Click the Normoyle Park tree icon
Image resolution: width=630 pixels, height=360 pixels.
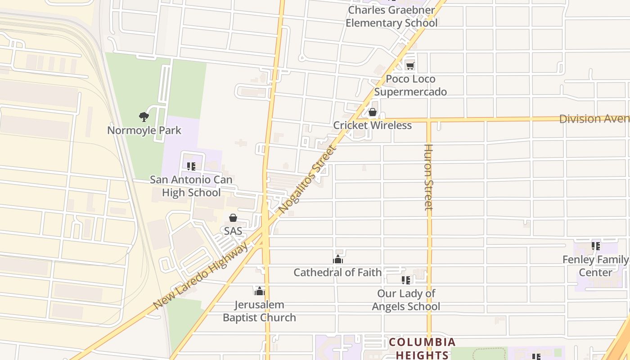(x=144, y=117)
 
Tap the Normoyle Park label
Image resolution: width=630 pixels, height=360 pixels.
(x=144, y=130)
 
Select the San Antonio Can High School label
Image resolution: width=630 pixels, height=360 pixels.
(x=191, y=186)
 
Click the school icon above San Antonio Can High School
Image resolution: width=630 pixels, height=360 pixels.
(x=191, y=166)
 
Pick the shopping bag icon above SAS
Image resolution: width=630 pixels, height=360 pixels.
(x=233, y=218)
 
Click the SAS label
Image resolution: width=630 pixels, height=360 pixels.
(x=233, y=231)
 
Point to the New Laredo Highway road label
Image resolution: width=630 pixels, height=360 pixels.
(x=201, y=276)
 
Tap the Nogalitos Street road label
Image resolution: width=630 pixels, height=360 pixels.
(x=307, y=180)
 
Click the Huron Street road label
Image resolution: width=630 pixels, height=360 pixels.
(x=428, y=177)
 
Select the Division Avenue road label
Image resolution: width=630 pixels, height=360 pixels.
(x=594, y=119)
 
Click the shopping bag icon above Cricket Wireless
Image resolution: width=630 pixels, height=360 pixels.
(x=373, y=112)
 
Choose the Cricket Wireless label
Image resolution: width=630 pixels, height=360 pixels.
(x=373, y=125)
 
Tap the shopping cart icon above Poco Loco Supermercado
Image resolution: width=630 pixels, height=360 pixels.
(x=410, y=66)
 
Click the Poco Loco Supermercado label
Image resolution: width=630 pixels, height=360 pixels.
(x=410, y=85)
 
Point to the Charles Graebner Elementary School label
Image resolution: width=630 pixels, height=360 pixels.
(x=391, y=16)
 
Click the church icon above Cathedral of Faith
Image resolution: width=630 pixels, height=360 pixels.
(x=338, y=259)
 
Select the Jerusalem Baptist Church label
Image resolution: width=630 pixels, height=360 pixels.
(x=260, y=311)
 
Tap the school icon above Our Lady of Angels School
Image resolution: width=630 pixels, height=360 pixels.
(x=406, y=280)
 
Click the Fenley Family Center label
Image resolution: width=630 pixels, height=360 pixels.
(x=595, y=266)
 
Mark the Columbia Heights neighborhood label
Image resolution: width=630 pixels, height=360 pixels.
(x=422, y=348)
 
